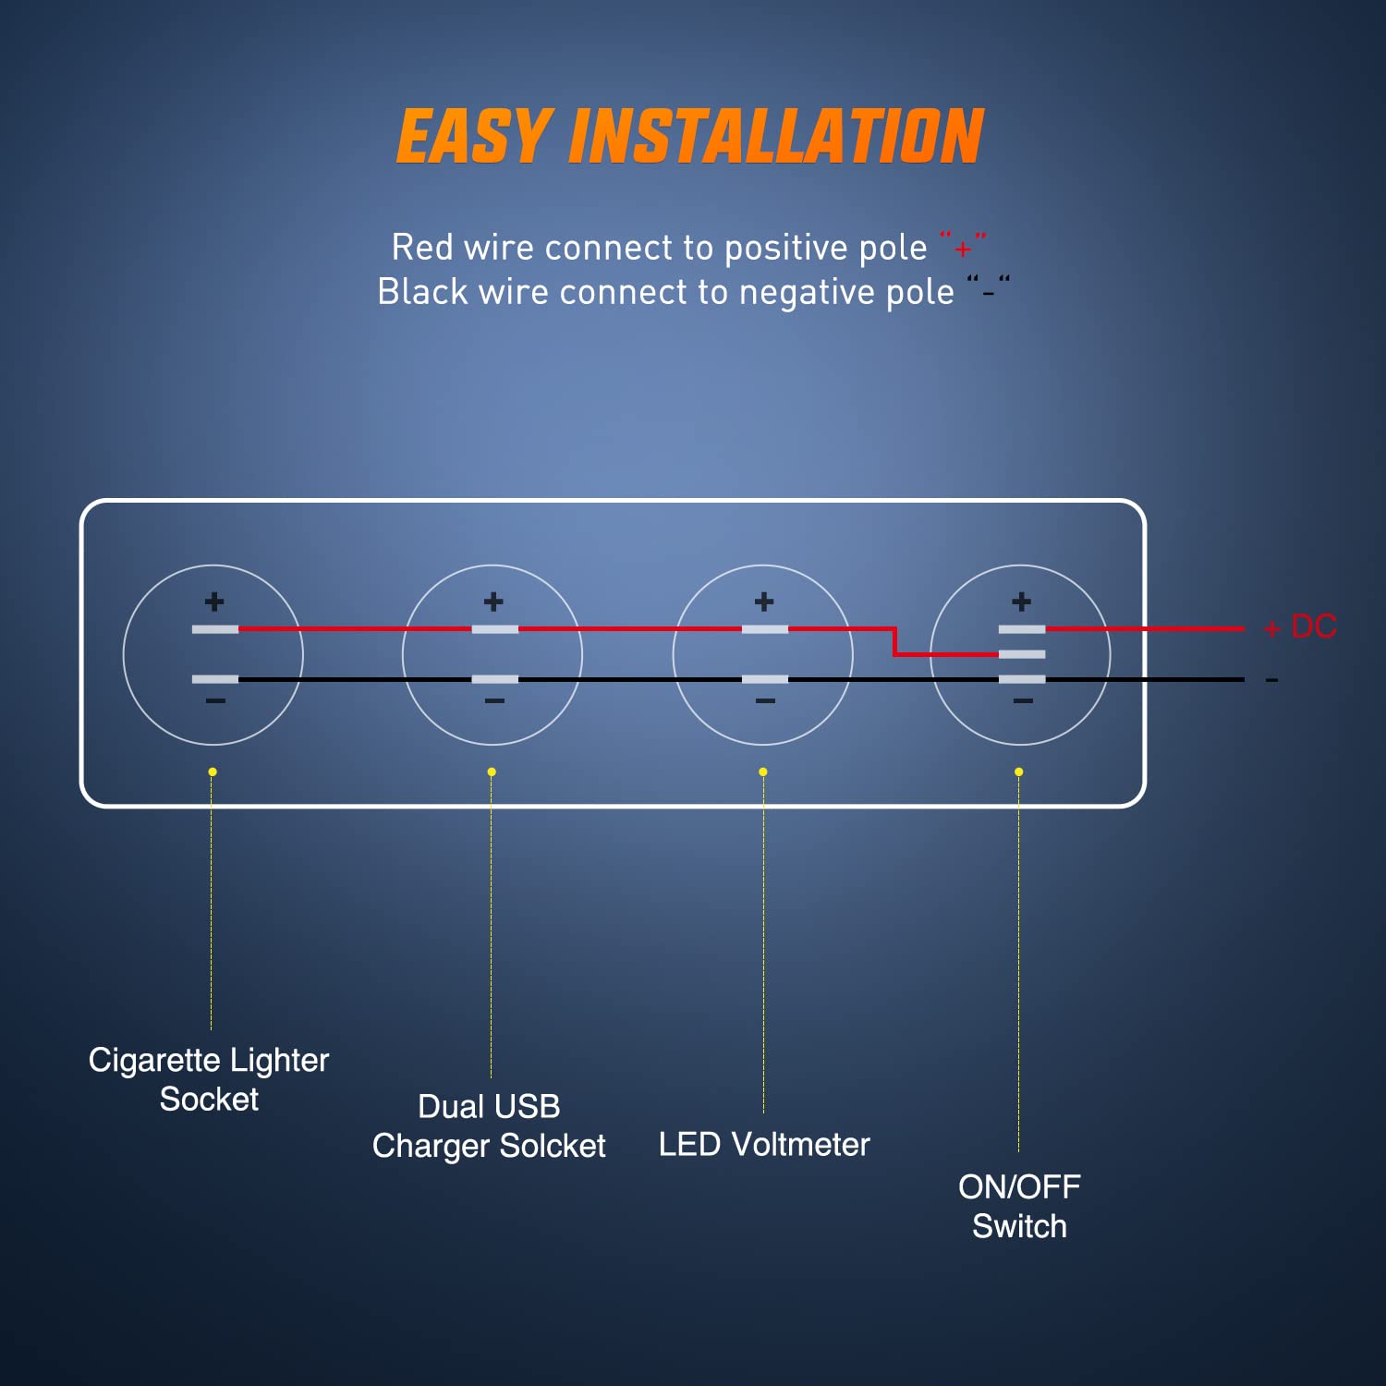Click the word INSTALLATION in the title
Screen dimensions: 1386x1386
click(776, 137)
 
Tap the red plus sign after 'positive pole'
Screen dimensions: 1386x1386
click(963, 249)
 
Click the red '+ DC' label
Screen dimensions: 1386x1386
click(1300, 627)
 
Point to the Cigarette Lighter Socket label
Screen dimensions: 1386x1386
click(209, 1079)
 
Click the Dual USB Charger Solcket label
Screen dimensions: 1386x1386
click(489, 1125)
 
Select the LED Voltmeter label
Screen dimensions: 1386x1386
click(764, 1144)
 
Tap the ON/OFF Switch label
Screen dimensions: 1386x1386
click(1019, 1206)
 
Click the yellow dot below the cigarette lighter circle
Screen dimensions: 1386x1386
click(213, 772)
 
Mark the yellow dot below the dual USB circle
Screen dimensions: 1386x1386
click(492, 772)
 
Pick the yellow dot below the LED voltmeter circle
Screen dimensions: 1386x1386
click(762, 772)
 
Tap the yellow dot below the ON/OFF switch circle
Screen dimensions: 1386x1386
click(1018, 772)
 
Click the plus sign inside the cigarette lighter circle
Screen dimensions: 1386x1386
click(214, 602)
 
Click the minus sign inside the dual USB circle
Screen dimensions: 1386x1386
click(494, 701)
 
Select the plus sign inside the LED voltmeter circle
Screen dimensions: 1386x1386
click(764, 602)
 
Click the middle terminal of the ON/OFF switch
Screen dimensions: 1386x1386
click(1022, 654)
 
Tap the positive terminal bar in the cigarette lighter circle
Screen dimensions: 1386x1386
click(215, 629)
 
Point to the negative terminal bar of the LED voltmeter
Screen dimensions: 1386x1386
click(765, 679)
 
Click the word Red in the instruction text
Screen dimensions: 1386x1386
click(422, 248)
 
